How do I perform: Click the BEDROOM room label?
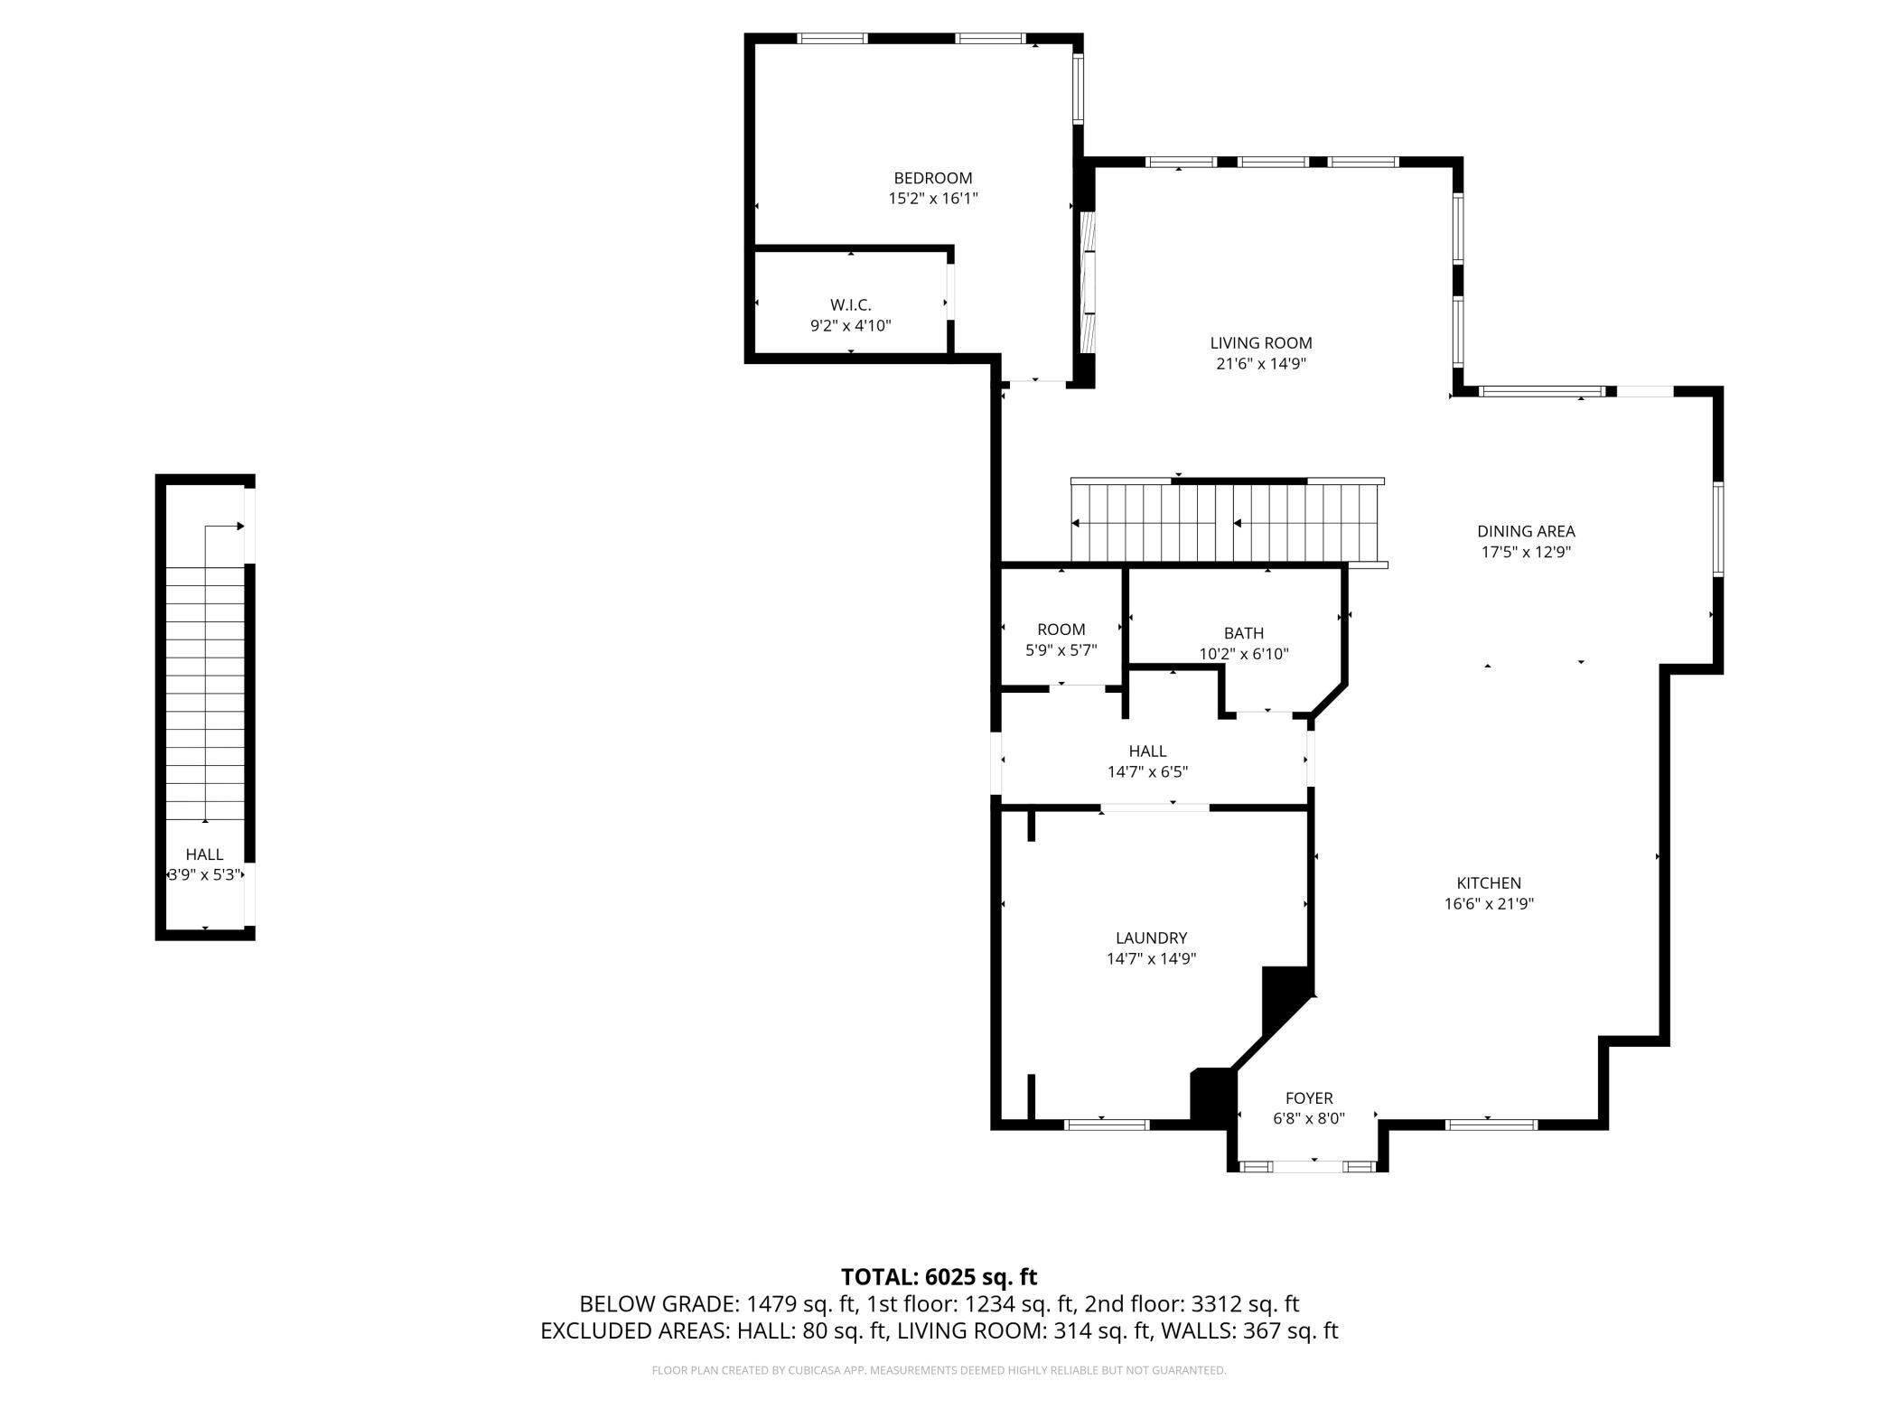pyautogui.click(x=933, y=178)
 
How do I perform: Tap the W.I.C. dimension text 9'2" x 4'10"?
pyautogui.click(x=850, y=325)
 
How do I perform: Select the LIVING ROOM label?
pyautogui.click(x=1260, y=343)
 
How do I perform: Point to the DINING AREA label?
pyautogui.click(x=1526, y=531)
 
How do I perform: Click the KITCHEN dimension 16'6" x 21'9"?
pyautogui.click(x=1489, y=903)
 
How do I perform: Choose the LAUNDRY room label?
pyautogui.click(x=1151, y=938)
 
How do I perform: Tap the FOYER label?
pyautogui.click(x=1309, y=1097)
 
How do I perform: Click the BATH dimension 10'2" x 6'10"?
pyautogui.click(x=1243, y=653)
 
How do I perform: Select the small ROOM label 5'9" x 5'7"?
pyautogui.click(x=1061, y=630)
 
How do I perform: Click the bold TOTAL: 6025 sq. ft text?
pyautogui.click(x=939, y=1276)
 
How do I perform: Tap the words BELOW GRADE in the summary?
pyautogui.click(x=658, y=1304)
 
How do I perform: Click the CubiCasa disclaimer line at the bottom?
pyautogui.click(x=939, y=1370)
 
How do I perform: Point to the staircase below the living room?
pyautogui.click(x=1227, y=522)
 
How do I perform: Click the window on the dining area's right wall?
pyautogui.click(x=1717, y=529)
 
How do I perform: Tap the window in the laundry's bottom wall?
pyautogui.click(x=1107, y=1124)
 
